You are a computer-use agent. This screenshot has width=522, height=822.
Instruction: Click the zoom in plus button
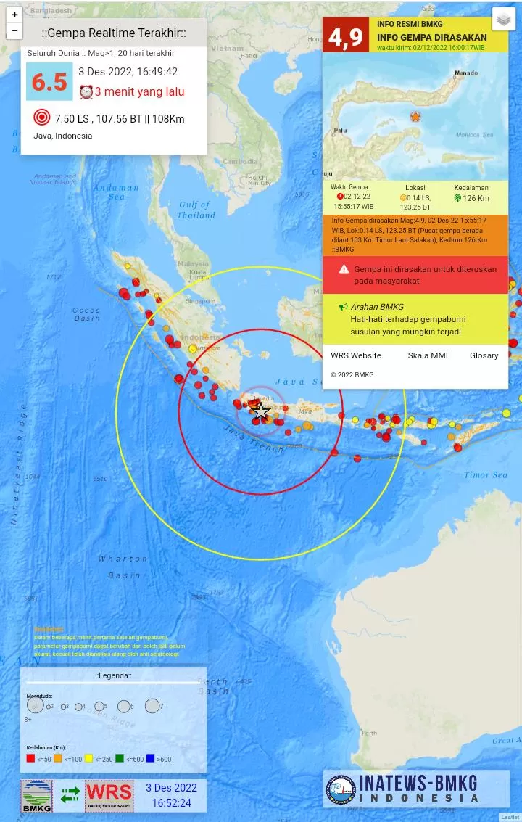pos(14,15)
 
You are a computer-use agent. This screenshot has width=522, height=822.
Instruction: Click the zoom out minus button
pos(14,30)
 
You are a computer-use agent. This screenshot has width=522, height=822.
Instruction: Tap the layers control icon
pos(503,20)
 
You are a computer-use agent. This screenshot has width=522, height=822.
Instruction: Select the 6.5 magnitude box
pos(49,82)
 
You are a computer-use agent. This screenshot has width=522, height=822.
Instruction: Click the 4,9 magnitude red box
pos(346,36)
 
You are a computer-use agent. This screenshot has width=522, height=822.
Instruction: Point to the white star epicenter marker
pos(261,413)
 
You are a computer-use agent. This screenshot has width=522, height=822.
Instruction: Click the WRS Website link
pos(356,355)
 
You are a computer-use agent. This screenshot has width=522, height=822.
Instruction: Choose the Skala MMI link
pos(428,355)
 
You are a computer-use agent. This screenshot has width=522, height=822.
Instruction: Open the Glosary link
pos(484,355)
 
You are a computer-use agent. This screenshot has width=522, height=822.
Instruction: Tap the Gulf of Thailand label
pos(196,210)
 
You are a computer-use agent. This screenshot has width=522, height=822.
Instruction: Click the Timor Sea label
pos(486,475)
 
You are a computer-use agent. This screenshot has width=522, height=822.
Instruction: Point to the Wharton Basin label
pos(124,567)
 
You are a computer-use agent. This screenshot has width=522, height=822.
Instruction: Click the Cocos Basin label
pos(87,314)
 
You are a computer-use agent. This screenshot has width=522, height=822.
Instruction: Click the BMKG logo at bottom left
pos(37,795)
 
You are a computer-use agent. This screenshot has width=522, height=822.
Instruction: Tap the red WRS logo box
pos(109,795)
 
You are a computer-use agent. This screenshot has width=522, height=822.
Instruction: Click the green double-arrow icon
pos(70,795)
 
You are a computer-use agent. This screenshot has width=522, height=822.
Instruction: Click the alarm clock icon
pos(86,92)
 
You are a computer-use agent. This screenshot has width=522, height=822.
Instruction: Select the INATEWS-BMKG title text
pos(419,783)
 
